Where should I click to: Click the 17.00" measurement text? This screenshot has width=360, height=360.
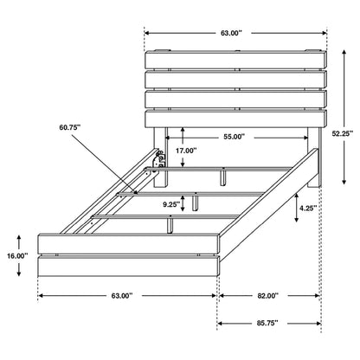(x=185, y=151)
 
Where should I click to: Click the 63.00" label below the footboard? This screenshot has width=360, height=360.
(x=120, y=296)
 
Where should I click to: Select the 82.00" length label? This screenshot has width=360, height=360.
(x=267, y=296)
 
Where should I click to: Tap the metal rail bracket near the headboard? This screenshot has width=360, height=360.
(x=158, y=159)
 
